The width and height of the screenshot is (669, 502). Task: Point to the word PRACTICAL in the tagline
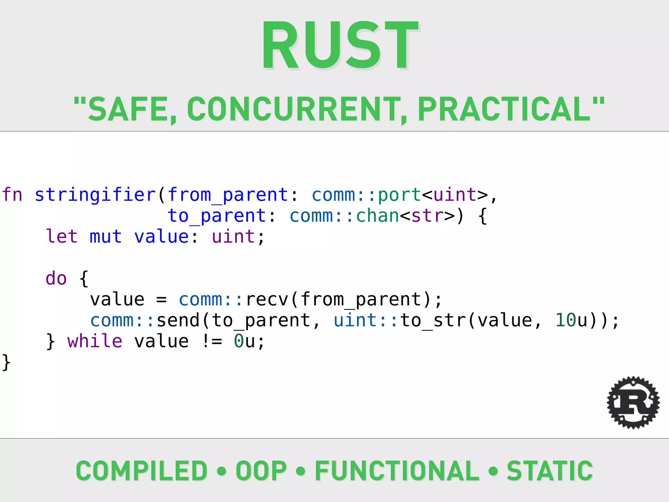(505, 109)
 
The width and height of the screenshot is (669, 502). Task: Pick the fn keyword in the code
(12, 195)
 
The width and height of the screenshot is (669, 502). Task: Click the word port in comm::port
(399, 195)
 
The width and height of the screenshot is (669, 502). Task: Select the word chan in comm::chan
(377, 216)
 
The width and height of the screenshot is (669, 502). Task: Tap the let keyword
(62, 237)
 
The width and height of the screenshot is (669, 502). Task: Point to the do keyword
(56, 278)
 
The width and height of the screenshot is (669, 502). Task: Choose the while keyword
(95, 341)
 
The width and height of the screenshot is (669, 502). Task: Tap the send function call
(178, 320)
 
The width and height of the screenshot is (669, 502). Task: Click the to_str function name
(433, 320)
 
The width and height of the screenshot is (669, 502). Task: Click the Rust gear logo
(633, 403)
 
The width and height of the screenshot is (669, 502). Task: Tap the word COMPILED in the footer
(141, 471)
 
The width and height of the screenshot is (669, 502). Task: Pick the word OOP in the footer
(261, 471)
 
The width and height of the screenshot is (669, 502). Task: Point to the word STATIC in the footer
(549, 471)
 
